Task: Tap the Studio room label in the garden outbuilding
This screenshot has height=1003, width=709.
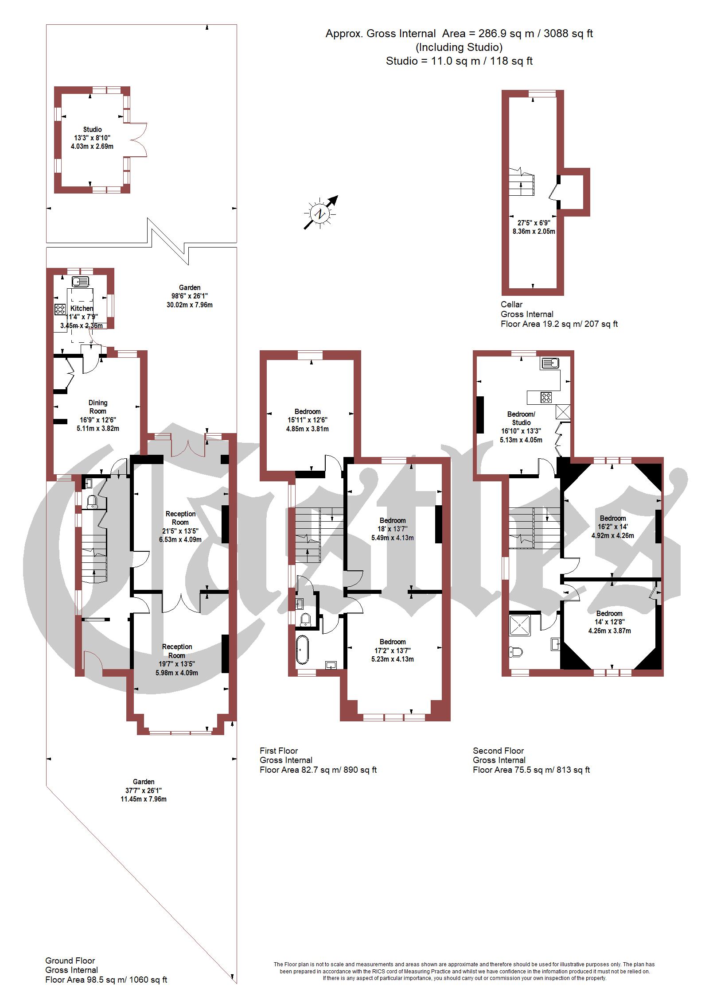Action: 92,129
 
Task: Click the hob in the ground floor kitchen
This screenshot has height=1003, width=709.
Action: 60,309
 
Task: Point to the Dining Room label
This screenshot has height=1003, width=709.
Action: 97,407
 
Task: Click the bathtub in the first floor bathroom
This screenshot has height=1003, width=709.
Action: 302,650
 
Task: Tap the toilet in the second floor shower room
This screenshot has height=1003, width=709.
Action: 516,651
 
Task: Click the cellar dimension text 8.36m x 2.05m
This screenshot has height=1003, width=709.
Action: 534,231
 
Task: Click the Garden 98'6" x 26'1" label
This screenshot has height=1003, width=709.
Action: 190,296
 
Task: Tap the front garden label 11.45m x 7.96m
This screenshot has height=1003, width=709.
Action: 144,799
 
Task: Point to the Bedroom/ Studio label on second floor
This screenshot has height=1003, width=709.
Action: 521,418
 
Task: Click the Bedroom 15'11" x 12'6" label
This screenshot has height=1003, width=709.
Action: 308,420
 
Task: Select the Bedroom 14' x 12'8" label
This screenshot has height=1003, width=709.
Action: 609,622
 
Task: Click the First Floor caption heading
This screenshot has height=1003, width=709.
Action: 279,751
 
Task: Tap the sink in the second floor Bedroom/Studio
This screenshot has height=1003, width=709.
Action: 549,364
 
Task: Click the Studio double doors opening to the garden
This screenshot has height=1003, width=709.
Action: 138,139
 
